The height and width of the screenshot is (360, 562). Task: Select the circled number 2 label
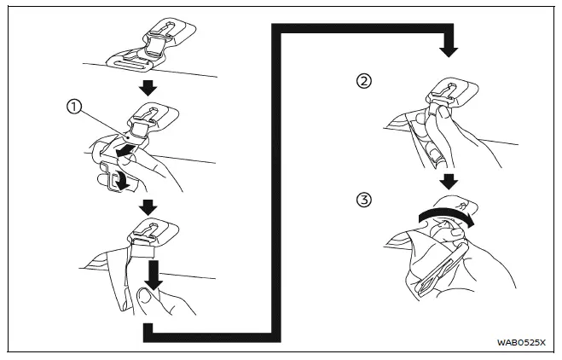(x=365, y=82)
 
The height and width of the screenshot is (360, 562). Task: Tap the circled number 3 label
(x=365, y=201)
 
